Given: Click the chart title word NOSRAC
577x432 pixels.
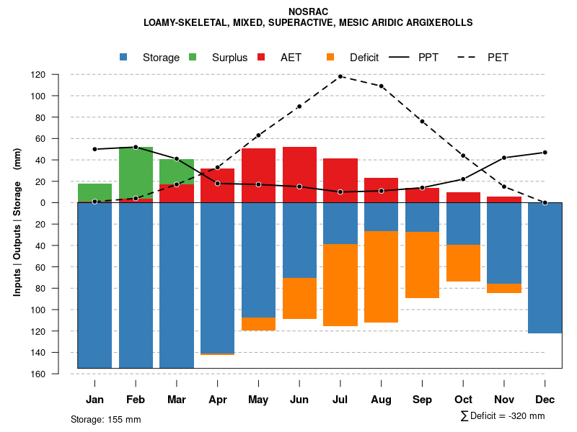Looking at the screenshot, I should (x=308, y=12).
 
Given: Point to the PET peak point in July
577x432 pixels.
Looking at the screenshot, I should (x=340, y=76).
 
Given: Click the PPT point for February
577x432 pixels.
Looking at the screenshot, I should (x=136, y=147).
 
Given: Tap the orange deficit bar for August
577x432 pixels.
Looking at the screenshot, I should (x=382, y=276).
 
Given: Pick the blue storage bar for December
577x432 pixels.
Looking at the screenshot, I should (x=545, y=268).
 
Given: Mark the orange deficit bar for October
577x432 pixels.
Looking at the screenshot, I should (x=463, y=263).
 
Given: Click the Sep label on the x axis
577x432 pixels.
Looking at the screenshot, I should (x=423, y=400).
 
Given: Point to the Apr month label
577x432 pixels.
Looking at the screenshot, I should (x=218, y=400).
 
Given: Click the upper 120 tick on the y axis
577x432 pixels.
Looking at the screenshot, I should (x=58, y=75).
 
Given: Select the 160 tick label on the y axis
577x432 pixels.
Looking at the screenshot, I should (x=58, y=374).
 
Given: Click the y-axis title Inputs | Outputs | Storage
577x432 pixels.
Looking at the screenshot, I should (x=17, y=222).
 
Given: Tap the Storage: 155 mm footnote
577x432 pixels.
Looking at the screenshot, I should (x=105, y=419).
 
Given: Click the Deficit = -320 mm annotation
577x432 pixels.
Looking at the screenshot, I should (x=503, y=416).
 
